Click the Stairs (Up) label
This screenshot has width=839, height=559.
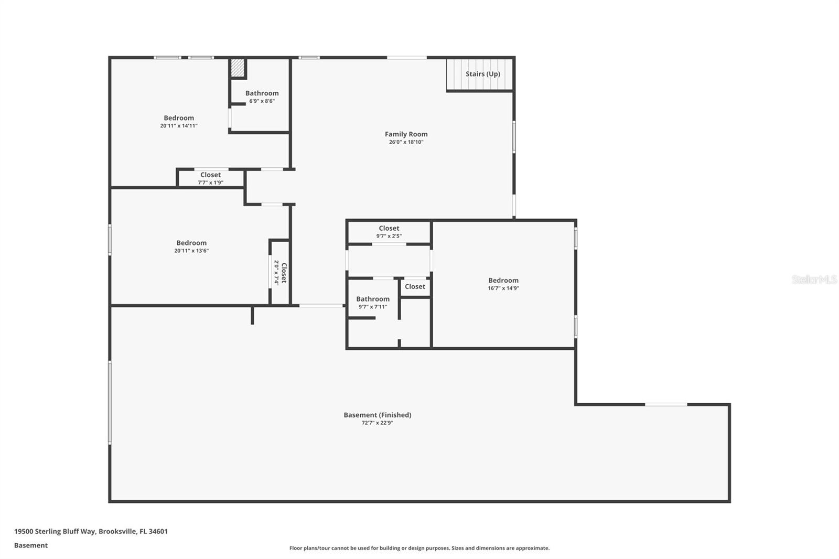click(x=482, y=74)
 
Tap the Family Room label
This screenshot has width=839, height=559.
click(x=406, y=134)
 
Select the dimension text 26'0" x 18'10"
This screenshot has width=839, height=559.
click(x=406, y=142)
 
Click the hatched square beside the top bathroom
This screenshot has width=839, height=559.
click(x=238, y=68)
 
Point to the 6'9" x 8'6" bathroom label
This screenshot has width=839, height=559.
click(x=262, y=96)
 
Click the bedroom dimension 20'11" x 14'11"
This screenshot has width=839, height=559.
click(x=179, y=126)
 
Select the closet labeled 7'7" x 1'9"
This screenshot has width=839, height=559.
click(x=210, y=178)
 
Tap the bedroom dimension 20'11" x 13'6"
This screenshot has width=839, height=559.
click(x=191, y=251)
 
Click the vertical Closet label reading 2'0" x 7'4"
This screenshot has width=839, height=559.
click(x=280, y=273)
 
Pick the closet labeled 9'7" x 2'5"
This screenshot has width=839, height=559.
click(x=389, y=232)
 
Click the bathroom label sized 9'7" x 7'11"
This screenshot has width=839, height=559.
click(x=373, y=303)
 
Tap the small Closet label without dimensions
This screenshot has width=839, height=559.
click(x=415, y=286)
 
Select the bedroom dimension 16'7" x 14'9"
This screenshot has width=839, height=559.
click(x=503, y=288)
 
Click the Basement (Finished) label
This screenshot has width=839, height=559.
click(x=377, y=415)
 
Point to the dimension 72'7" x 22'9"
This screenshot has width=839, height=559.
click(x=377, y=423)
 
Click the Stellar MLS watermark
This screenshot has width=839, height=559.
click(x=814, y=279)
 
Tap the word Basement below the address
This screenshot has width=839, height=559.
click(x=31, y=545)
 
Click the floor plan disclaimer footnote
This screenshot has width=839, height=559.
click(x=419, y=548)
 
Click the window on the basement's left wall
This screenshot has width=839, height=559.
click(x=110, y=402)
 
